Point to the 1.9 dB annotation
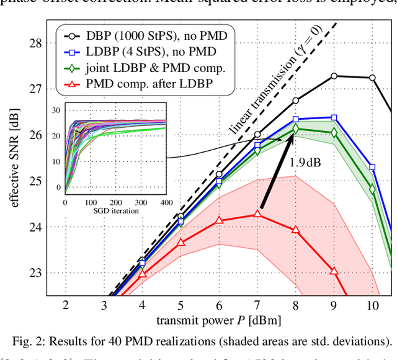pyautogui.click(x=305, y=163)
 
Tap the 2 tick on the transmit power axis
pyautogui.click(x=65, y=305)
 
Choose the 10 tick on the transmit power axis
pyautogui.click(x=373, y=305)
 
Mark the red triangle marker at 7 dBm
pyautogui.click(x=257, y=214)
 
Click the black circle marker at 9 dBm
pyautogui.click(x=334, y=76)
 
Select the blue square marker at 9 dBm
pyautogui.click(x=334, y=117)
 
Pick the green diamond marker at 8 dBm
pyautogui.click(x=296, y=128)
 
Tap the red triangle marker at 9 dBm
pyautogui.click(x=334, y=271)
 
